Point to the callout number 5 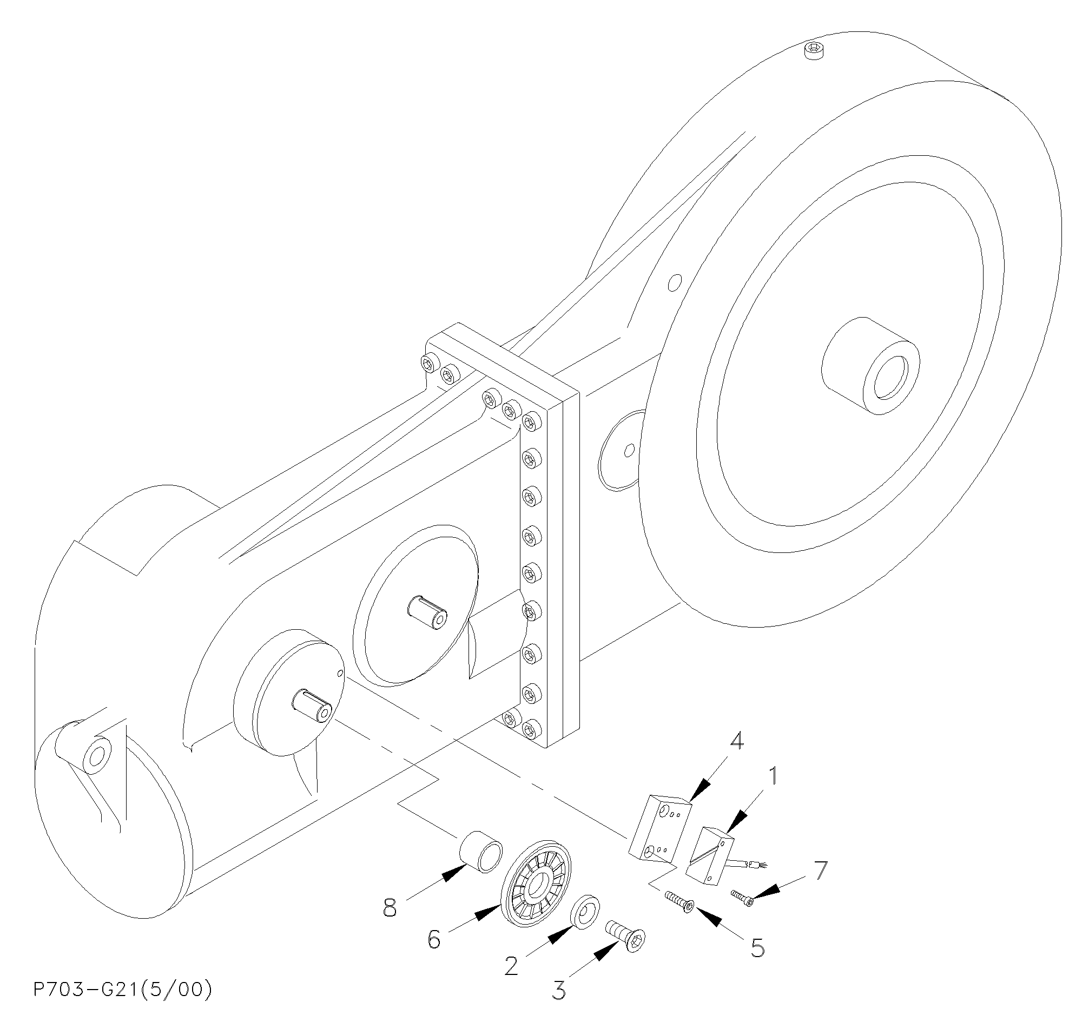pos(757,948)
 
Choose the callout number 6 pos(434,939)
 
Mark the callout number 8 pos(390,907)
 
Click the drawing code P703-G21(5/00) pos(122,990)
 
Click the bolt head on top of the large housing pos(814,51)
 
